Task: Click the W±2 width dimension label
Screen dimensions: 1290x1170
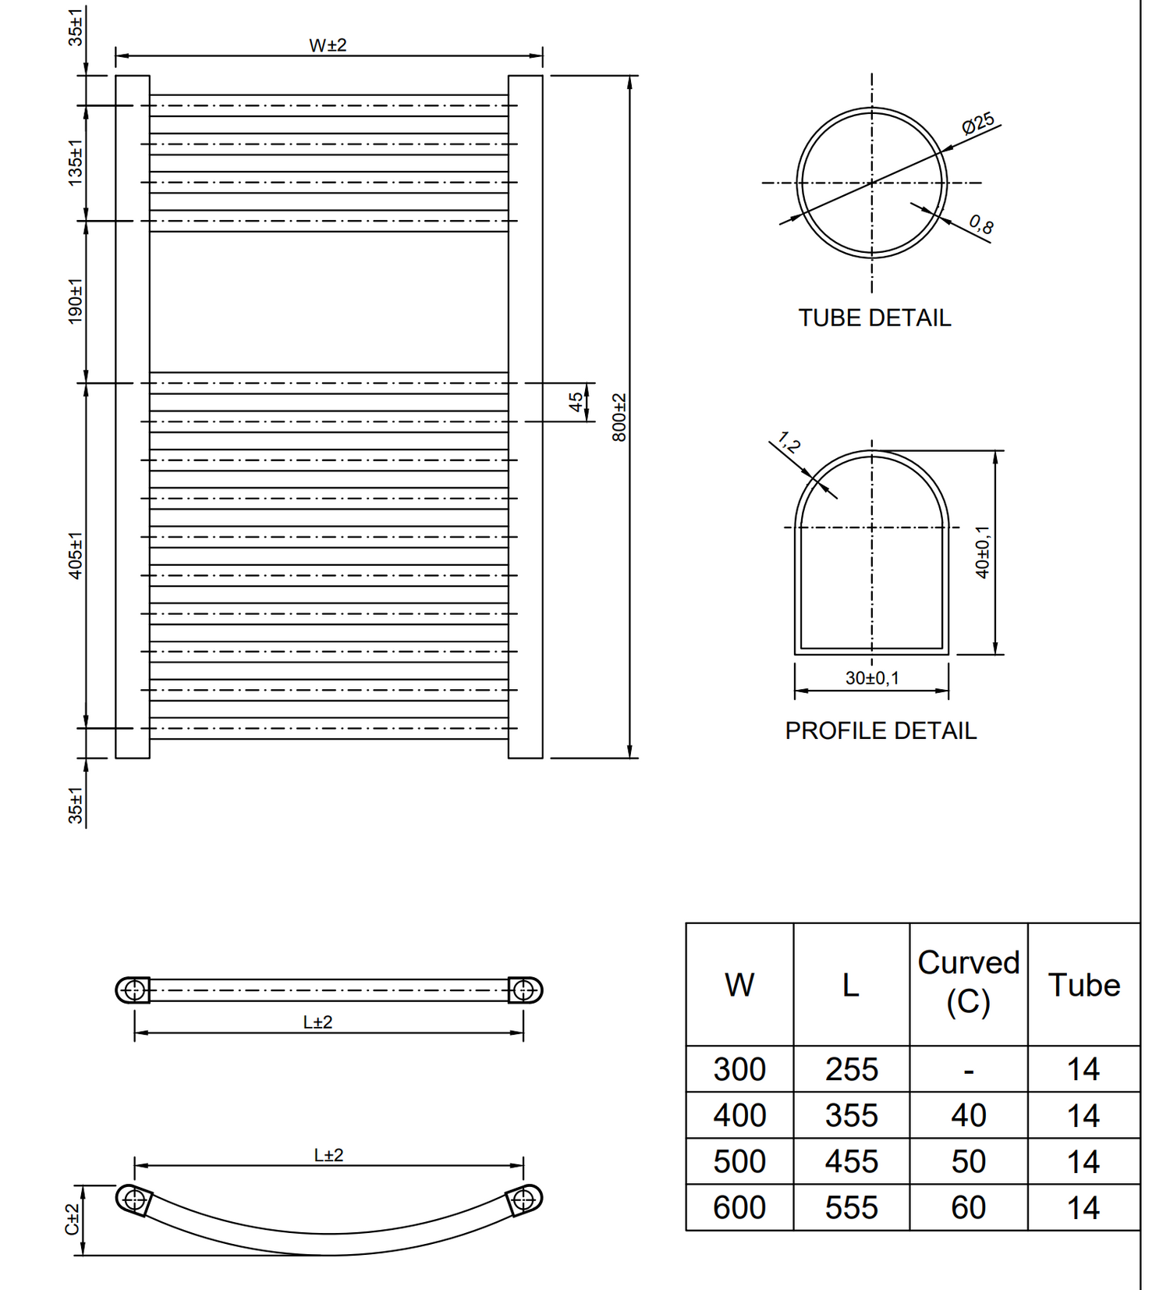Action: coord(328,45)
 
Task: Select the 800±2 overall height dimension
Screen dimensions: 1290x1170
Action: coord(619,417)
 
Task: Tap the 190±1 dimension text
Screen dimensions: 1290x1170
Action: coord(75,301)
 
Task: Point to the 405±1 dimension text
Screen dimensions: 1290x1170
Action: coord(75,556)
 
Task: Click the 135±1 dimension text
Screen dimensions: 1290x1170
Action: coord(75,162)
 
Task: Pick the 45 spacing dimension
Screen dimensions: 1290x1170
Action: coord(576,402)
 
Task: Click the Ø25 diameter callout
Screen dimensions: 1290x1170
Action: coord(978,123)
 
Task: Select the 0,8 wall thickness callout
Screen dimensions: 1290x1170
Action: coord(981,225)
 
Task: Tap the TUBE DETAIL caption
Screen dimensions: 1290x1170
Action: coord(874,318)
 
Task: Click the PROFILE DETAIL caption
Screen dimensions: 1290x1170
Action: coord(881,731)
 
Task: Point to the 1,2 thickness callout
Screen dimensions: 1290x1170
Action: coord(789,443)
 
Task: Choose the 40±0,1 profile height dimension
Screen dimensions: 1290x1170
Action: coord(983,552)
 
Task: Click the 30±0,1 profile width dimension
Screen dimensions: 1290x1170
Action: coord(872,678)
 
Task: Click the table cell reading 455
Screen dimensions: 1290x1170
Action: coord(852,1162)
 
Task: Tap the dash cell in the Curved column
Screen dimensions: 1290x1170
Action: coord(968,1070)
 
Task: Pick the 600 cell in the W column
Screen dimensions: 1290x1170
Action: coord(739,1208)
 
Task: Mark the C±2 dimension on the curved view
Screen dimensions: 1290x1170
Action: coord(72,1219)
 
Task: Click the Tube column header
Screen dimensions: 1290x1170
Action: coord(1083,985)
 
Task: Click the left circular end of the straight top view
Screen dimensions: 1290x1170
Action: coord(134,990)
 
